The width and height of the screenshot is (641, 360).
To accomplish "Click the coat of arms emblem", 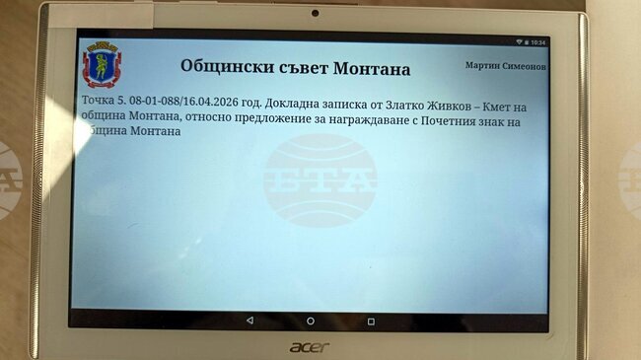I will (99, 64).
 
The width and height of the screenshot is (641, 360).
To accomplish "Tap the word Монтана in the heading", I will (369, 69).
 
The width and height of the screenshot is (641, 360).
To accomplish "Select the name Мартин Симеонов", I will (506, 65).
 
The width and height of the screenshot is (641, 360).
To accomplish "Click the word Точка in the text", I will (98, 103).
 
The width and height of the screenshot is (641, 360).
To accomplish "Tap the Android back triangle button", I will (249, 321).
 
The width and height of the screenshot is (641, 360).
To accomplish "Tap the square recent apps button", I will (371, 321).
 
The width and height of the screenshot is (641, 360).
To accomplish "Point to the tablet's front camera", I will (315, 14).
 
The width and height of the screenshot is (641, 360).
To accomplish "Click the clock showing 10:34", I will (537, 43).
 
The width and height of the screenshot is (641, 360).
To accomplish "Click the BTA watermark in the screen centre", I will (320, 180).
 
